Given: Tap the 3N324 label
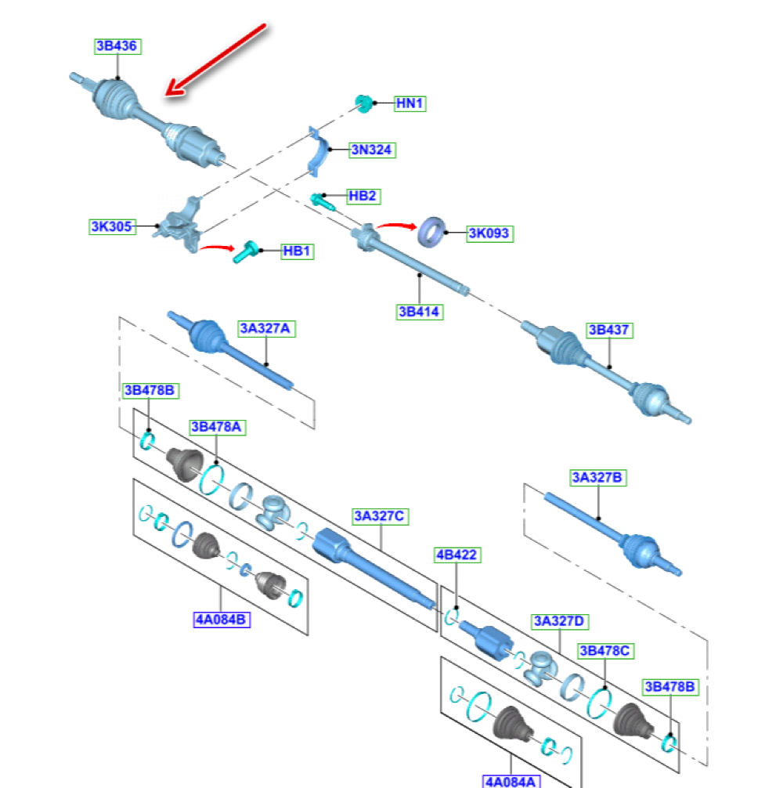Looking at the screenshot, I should pos(372,149).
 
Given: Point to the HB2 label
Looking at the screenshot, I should pos(362,196).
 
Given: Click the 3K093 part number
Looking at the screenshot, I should pos(489,233).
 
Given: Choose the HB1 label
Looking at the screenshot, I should pos(297,251).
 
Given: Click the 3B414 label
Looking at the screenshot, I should pos(419,312).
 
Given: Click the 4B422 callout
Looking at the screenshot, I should pos(456,555).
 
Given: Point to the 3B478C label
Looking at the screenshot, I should pos(605,650).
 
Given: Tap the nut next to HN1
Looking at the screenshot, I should pos(363,103).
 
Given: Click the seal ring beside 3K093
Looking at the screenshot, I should pos(431,230).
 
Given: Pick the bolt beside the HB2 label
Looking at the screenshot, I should pos(322,201).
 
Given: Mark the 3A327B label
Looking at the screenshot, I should pos(598,477).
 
